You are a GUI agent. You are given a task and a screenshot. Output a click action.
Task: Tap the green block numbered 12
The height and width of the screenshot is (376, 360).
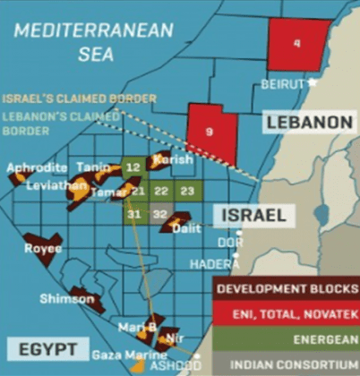pos(133,167)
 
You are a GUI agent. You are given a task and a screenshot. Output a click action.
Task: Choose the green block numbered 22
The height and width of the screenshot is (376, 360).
pos(160,191)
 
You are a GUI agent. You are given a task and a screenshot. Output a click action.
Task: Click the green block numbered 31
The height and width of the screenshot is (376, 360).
pos(133,214)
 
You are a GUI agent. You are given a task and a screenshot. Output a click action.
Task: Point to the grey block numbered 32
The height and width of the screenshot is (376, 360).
pos(159,214)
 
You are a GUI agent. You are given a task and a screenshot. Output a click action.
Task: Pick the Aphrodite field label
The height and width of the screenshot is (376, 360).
pos(36,167)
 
